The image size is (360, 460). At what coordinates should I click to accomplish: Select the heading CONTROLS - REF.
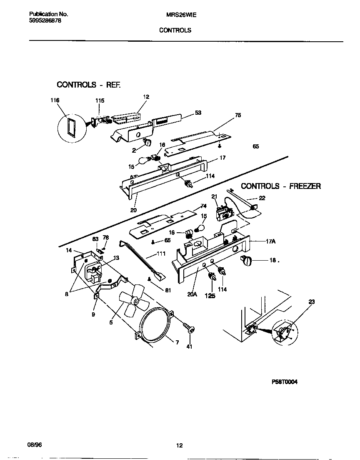point(89,85)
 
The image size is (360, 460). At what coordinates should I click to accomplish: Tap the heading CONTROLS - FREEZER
point(281,186)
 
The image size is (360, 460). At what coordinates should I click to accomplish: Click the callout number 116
point(55,101)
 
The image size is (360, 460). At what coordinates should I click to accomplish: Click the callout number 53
point(198,113)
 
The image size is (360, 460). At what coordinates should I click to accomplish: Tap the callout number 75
point(238,115)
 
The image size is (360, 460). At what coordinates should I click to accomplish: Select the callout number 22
point(262,198)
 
